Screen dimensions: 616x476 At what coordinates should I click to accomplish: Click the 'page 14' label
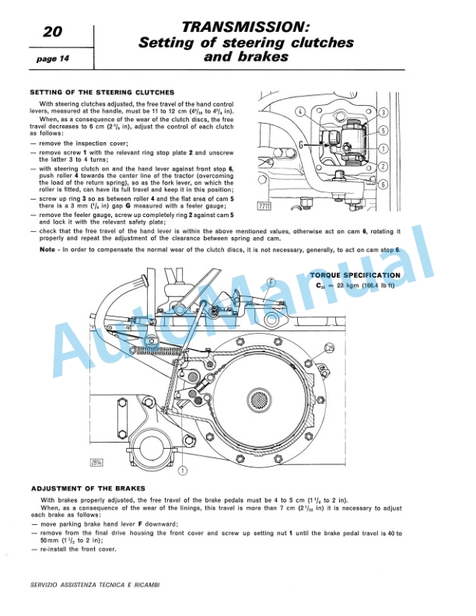coord(51,58)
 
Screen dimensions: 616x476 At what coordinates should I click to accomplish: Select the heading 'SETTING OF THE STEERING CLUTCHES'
coord(101,93)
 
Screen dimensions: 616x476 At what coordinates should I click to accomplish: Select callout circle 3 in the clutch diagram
coord(383,113)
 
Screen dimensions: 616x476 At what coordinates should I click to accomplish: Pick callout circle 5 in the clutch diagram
coord(383,131)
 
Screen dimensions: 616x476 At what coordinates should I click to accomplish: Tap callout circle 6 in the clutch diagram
coord(383,184)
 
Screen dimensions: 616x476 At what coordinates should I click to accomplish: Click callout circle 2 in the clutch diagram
coord(383,166)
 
